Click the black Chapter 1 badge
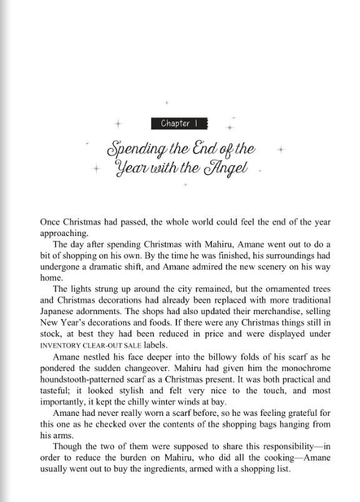(178, 123)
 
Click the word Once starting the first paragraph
(51, 222)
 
